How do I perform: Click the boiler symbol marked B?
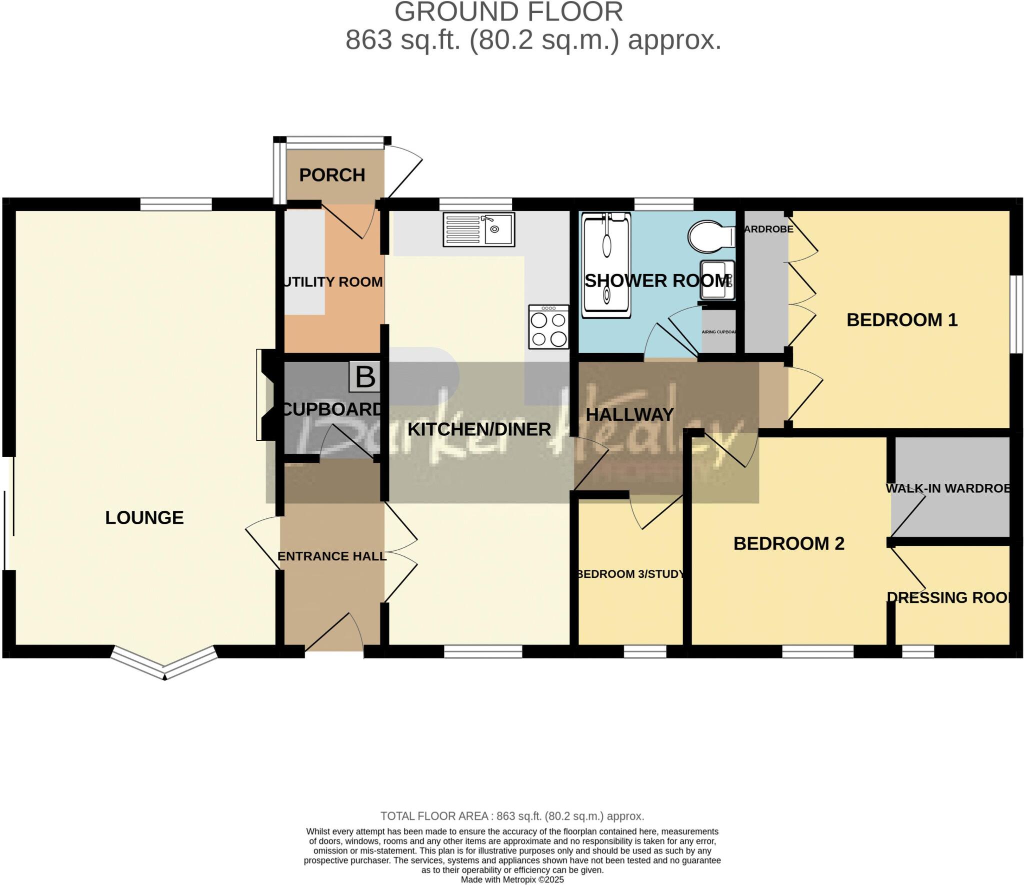point(364,377)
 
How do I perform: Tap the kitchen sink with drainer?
point(478,230)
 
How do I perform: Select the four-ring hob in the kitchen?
point(548,327)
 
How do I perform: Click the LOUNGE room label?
point(144,517)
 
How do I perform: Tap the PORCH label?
point(332,175)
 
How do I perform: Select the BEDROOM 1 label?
point(901,320)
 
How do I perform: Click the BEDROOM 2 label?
point(788,543)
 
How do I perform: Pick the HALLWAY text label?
point(629,415)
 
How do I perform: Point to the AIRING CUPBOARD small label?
point(718,332)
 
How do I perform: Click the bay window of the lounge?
point(164,662)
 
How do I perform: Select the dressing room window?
point(917,651)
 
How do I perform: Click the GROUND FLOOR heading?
point(508,12)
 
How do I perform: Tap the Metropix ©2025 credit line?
point(512,879)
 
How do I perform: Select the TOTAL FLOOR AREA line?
point(512,816)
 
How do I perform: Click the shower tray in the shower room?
point(606,265)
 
